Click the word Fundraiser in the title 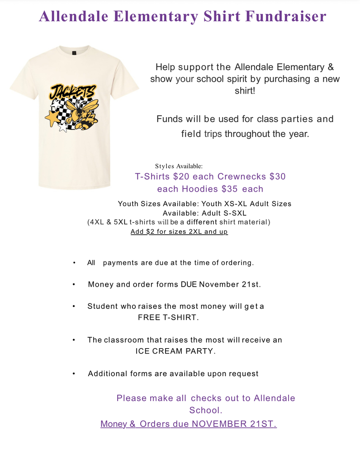coord(285,16)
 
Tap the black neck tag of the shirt coord(74,52)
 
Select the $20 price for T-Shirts coord(182,176)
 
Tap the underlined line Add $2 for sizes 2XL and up coord(179,231)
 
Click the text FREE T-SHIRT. coord(168,317)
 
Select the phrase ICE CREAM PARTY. coord(175,351)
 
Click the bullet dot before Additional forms coord(74,374)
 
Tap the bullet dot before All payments coord(74,263)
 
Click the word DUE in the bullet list coord(189,284)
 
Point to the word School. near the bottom coord(205,411)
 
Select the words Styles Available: coord(179,166)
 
